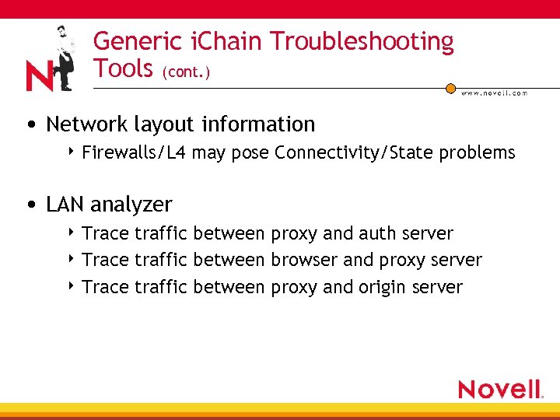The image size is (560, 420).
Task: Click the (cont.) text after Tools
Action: coord(187,72)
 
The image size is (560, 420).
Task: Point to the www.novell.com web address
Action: coord(494,93)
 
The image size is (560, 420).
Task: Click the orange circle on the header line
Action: coord(450,89)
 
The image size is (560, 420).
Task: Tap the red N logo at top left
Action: coord(39,75)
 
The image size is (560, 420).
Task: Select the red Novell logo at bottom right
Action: coord(500,389)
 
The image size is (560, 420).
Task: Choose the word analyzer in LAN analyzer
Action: coord(131,205)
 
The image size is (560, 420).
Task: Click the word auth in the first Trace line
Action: coord(377,233)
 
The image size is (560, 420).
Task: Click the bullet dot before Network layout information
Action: coord(29,125)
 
